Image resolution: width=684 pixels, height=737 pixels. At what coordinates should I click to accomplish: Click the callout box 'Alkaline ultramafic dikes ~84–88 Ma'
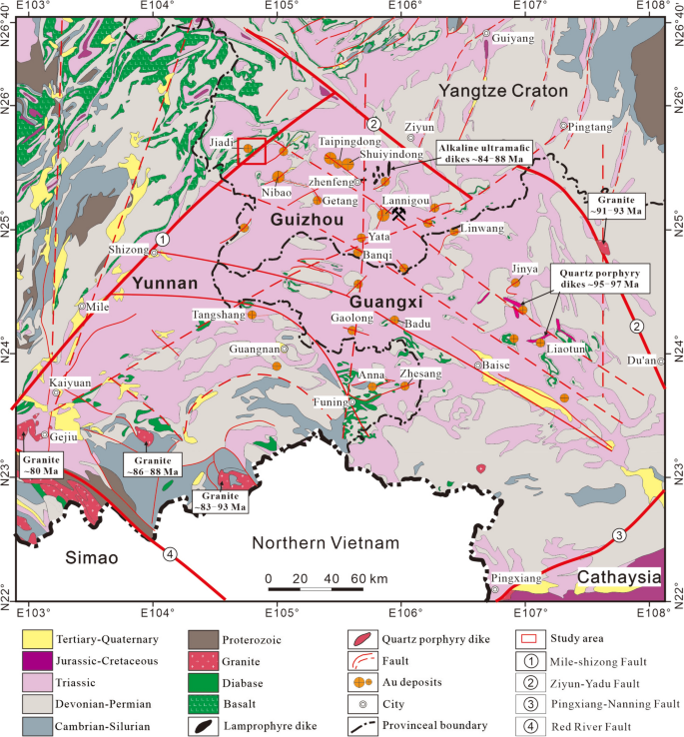(x=483, y=153)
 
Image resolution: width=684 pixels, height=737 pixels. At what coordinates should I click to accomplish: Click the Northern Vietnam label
(x=325, y=543)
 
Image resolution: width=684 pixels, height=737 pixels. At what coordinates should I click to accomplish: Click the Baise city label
(x=496, y=366)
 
